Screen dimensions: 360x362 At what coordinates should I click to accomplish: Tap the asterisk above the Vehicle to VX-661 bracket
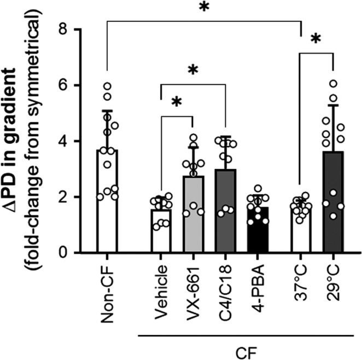[176, 103]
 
